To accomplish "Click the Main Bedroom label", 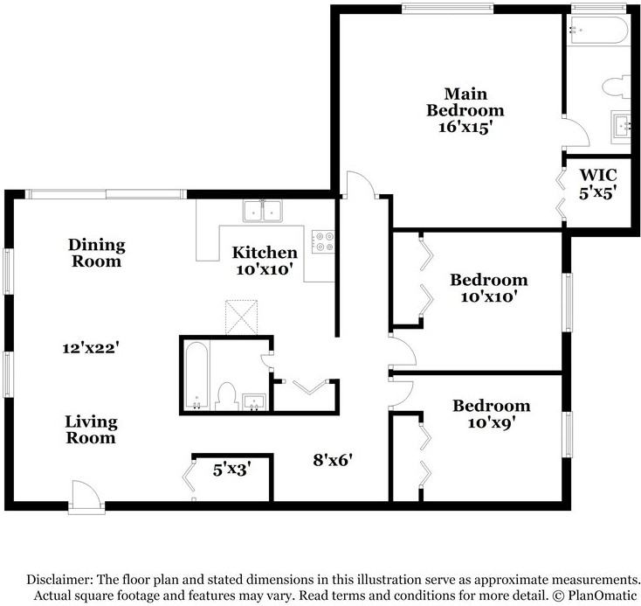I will click(465, 110).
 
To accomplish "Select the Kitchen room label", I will click(258, 261).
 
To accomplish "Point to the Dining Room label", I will click(97, 253).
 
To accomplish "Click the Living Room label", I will click(91, 429).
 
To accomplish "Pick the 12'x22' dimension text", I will click(90, 348).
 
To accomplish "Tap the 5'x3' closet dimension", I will click(232, 470).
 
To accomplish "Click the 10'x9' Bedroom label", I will click(491, 414).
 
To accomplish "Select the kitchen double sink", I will click(262, 210).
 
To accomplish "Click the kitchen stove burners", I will click(323, 240).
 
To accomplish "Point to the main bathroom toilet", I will click(614, 87).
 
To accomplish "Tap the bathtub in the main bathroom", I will click(598, 30).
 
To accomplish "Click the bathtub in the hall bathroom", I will click(196, 374).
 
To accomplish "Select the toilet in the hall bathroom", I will click(226, 395).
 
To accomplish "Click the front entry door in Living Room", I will click(85, 497).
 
